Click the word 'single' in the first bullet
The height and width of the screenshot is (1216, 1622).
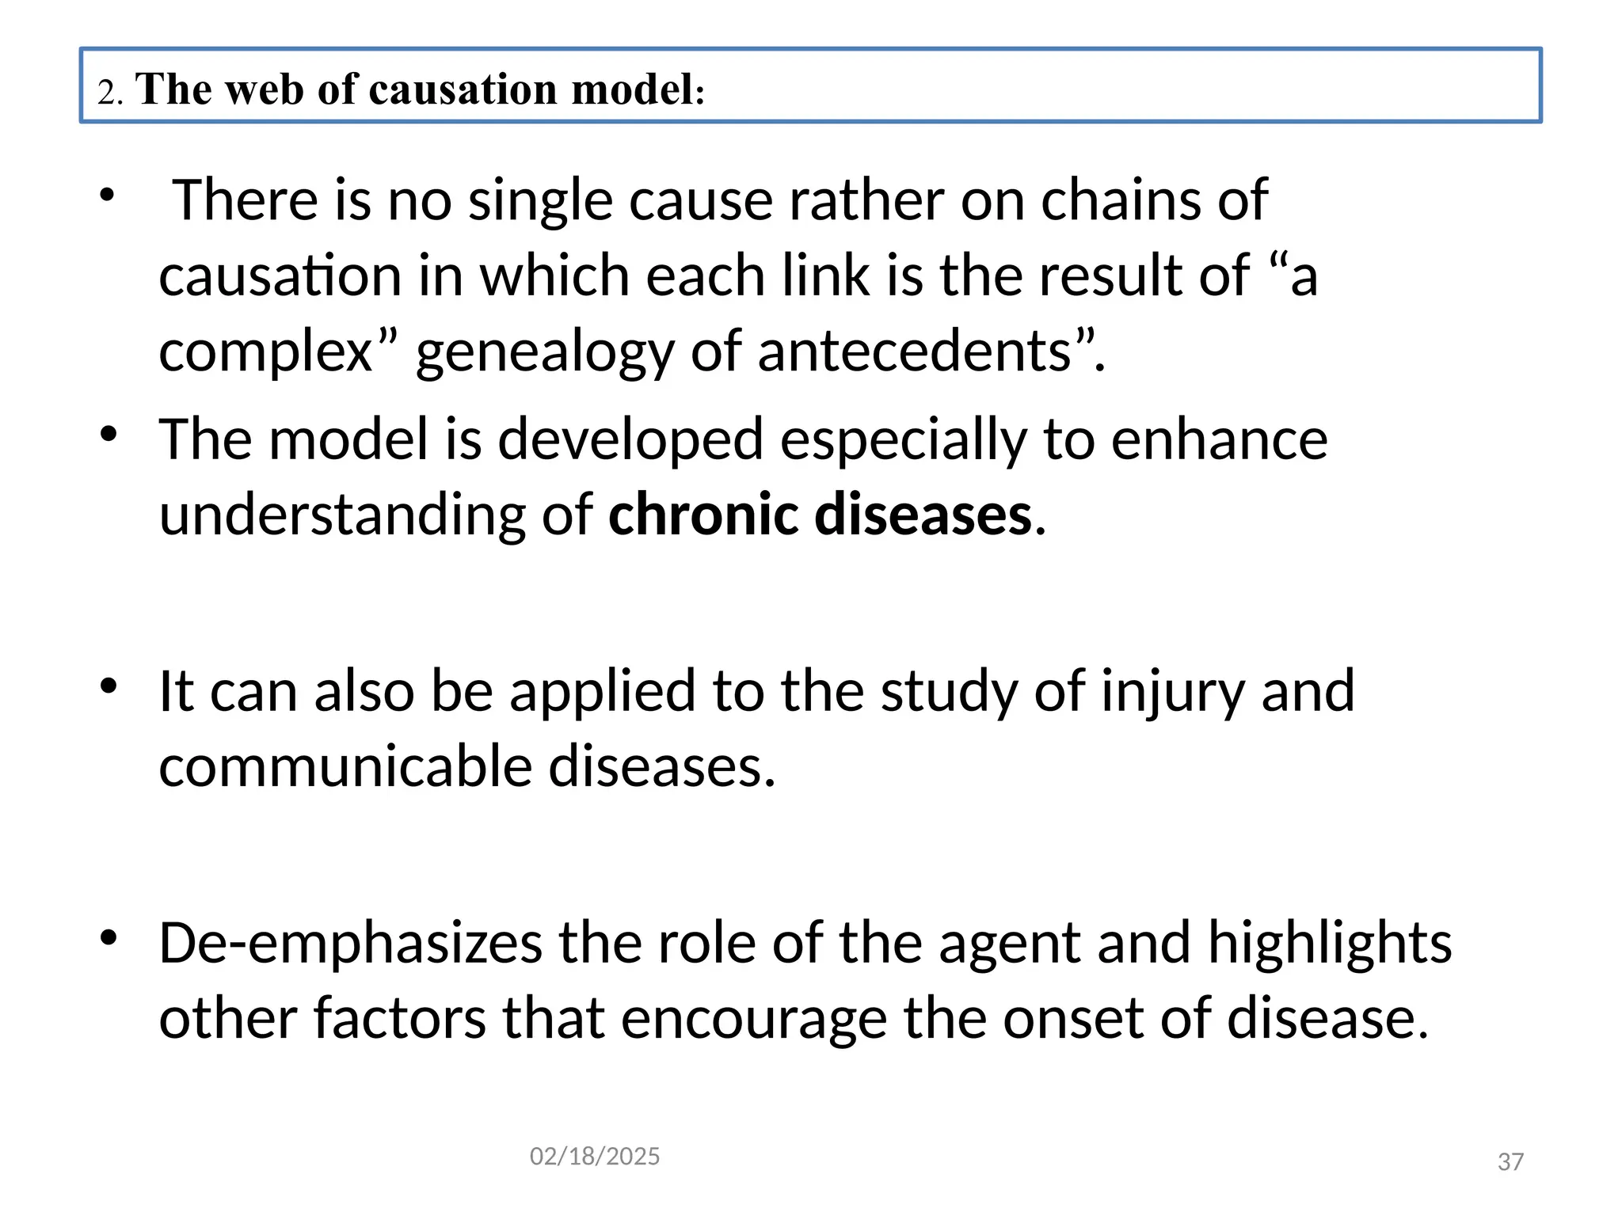540,200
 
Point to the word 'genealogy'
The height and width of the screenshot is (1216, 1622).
545,353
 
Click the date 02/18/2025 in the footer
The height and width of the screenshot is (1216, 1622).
595,1157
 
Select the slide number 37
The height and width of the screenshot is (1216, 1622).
1510,1161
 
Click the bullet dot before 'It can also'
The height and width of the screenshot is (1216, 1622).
109,686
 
